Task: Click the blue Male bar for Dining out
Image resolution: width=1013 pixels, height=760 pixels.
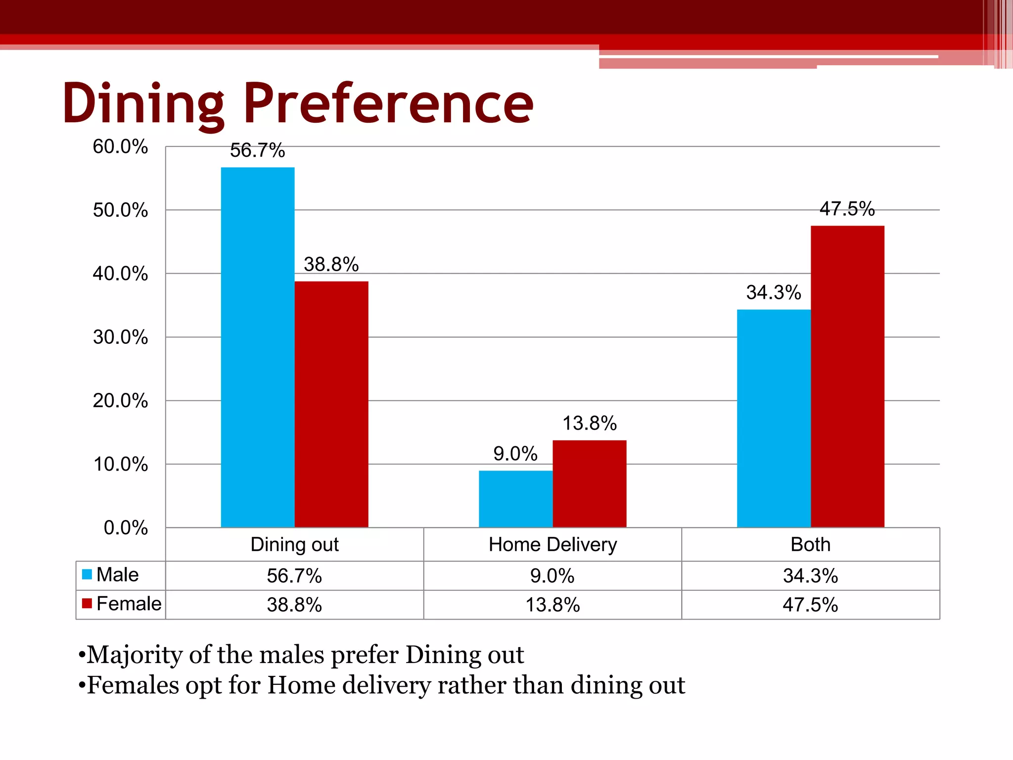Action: click(x=257, y=346)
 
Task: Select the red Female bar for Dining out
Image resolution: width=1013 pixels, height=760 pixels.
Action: click(x=331, y=404)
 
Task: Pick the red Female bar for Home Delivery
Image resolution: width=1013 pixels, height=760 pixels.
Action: click(x=589, y=483)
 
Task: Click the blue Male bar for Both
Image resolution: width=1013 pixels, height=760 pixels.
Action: click(x=774, y=418)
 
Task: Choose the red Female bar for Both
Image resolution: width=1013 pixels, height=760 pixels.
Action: click(x=847, y=376)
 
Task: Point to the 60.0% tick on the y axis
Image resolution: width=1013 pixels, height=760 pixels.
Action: click(x=120, y=147)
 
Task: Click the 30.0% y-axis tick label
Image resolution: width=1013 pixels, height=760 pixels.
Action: click(x=120, y=337)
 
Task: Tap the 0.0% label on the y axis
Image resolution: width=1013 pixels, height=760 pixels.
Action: click(x=126, y=528)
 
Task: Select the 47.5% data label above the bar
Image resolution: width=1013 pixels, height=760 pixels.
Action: click(x=847, y=209)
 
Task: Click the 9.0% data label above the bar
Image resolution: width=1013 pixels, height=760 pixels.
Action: click(x=515, y=454)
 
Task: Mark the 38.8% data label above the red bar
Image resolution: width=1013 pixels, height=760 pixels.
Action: click(x=331, y=265)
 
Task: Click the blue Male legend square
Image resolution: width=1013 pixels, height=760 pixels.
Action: click(x=87, y=574)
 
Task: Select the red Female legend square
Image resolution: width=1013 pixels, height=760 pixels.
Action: click(x=87, y=604)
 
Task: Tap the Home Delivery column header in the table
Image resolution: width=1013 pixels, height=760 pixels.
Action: click(x=553, y=545)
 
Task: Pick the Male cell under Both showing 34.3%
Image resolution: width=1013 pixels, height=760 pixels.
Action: click(x=810, y=576)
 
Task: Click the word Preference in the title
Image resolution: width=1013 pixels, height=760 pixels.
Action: click(x=388, y=104)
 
